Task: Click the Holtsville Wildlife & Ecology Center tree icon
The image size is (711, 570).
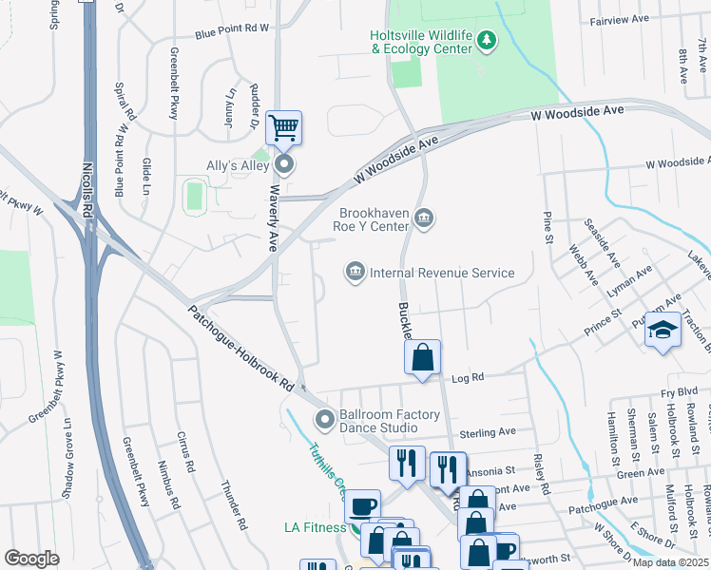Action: click(487, 40)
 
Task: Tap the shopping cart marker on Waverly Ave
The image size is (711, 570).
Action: click(283, 127)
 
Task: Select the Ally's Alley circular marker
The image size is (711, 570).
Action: click(284, 165)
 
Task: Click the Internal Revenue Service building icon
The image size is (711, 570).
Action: click(355, 273)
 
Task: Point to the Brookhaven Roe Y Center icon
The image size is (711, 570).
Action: click(424, 219)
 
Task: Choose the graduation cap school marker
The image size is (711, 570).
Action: click(663, 331)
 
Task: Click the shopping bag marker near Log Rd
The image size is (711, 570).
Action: click(423, 358)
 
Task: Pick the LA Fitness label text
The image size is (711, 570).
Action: click(315, 527)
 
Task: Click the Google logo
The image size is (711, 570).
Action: click(31, 559)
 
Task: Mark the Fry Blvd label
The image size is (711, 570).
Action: click(680, 390)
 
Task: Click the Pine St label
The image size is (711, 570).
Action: click(548, 227)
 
